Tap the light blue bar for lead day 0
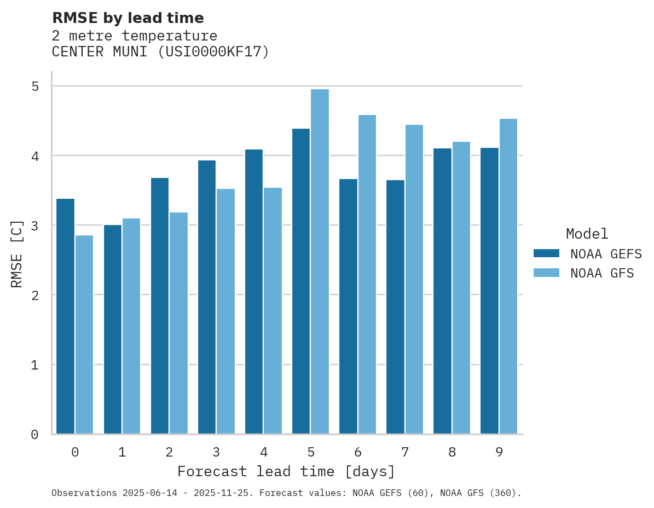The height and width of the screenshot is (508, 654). (84, 334)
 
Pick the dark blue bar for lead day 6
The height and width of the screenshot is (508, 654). (348, 307)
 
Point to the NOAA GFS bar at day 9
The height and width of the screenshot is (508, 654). (508, 276)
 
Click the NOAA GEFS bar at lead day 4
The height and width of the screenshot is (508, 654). (254, 292)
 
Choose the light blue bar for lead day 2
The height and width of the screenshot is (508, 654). (178, 323)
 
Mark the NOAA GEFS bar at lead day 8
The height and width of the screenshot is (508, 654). (442, 291)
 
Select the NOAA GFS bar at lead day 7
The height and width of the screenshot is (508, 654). (414, 279)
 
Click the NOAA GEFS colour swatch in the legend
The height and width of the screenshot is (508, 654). (546, 253)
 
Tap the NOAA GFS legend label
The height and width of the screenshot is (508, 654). (602, 273)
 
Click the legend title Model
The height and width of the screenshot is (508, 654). (587, 234)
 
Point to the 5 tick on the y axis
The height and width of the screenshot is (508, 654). (35, 86)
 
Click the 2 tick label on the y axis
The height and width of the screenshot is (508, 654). (35, 295)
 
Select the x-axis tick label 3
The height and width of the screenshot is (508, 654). (216, 452)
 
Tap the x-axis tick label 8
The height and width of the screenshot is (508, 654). (452, 452)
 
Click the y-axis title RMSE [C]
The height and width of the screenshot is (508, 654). (17, 253)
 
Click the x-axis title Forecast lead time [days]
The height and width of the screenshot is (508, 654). (286, 471)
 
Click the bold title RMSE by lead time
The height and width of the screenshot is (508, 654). (128, 18)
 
